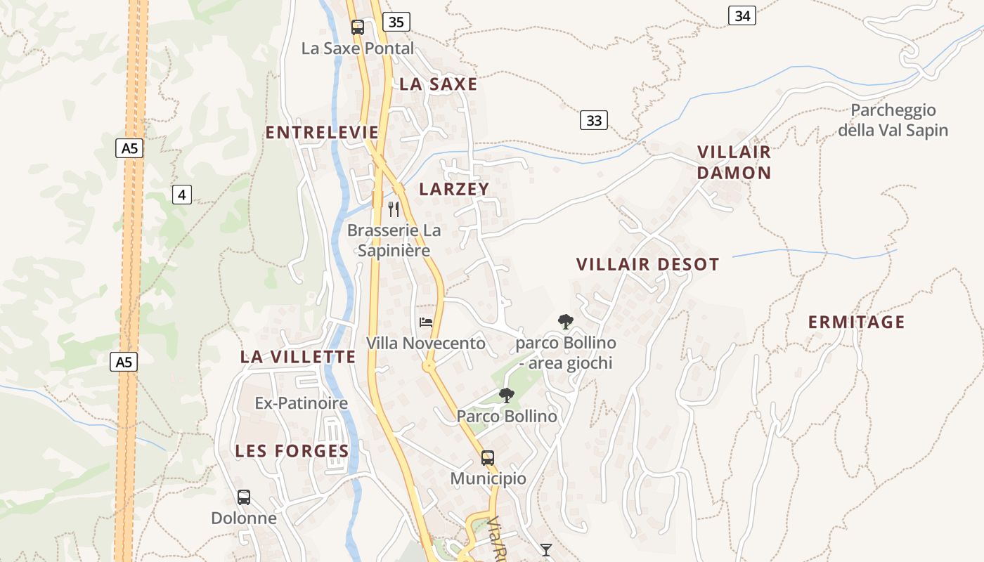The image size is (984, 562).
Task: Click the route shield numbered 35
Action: click(396, 22)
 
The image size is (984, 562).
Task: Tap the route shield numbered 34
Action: click(742, 15)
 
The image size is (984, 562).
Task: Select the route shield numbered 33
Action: click(594, 120)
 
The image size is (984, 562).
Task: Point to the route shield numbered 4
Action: click(182, 195)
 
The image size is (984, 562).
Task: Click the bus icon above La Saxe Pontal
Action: click(358, 27)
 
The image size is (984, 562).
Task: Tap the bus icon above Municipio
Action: click(488, 458)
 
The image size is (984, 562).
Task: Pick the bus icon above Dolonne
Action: click(244, 497)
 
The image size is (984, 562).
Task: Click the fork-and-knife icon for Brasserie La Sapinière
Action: click(394, 209)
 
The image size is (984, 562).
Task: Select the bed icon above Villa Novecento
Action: click(426, 322)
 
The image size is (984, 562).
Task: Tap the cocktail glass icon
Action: click(546, 549)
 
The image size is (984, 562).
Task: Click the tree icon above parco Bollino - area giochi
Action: click(565, 322)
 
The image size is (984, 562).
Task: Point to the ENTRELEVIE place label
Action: click(322, 133)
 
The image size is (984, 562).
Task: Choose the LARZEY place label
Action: click(454, 189)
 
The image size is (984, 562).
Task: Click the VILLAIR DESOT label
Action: click(648, 265)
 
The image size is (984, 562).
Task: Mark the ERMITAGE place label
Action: click(856, 322)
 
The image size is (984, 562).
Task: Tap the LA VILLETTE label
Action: click(298, 357)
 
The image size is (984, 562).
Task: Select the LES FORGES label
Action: click(292, 451)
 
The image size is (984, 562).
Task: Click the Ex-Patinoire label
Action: click(302, 403)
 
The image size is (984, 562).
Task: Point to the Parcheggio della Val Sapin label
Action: click(893, 120)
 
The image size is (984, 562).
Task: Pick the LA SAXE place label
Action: click(439, 84)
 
